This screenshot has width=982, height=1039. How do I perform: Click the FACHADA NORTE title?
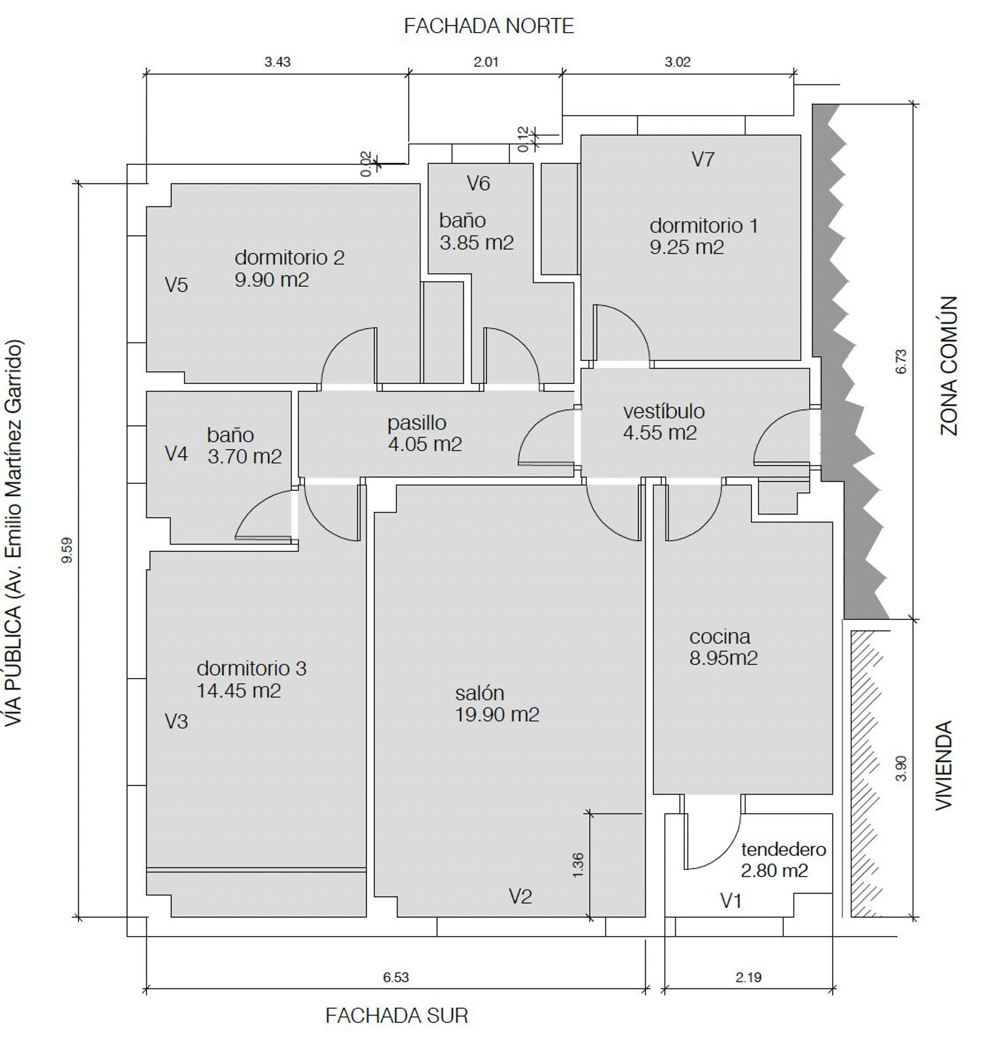489,26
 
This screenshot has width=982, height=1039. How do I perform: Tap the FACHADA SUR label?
397,1015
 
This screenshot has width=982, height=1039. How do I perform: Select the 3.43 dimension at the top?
278,62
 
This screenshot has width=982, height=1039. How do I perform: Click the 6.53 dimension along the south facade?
396,977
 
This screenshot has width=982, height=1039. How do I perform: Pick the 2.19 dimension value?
748,977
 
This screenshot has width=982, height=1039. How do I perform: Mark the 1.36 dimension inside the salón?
577,865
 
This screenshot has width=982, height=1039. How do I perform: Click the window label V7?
703,159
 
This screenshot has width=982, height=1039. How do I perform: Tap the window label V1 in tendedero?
731,901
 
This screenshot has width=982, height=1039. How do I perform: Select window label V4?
176,454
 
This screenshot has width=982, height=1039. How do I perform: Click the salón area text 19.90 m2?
498,715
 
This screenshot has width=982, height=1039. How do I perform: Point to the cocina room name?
720,636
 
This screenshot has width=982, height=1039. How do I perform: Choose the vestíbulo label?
664,411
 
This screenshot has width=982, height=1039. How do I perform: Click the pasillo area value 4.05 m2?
425,444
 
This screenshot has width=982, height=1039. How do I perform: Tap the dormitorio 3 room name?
251,668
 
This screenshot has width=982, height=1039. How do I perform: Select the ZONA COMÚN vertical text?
949,366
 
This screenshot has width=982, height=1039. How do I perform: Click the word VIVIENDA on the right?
943,766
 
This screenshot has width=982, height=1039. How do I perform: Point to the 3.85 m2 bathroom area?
477,243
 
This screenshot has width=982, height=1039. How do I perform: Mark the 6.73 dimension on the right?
901,361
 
